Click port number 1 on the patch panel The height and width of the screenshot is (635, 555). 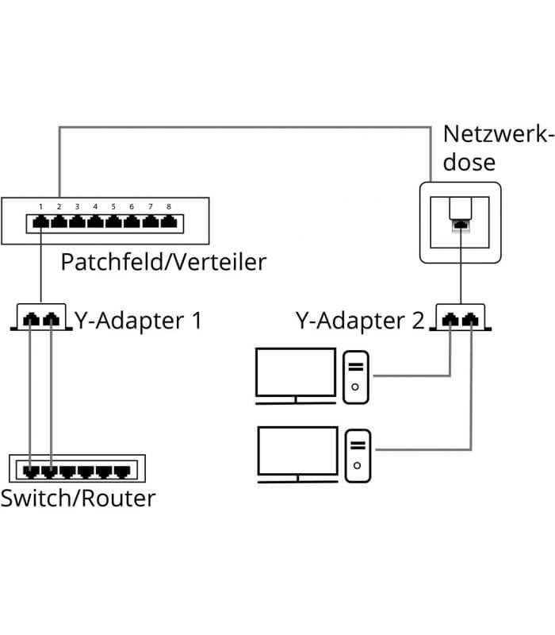[41, 222]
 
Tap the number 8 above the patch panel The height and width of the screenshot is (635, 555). [169, 207]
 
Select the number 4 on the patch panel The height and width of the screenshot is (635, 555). [95, 207]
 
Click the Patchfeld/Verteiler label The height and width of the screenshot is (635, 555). [163, 262]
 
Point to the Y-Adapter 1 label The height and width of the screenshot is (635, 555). [138, 321]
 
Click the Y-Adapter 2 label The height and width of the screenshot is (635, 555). [360, 321]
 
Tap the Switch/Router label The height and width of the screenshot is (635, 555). [78, 498]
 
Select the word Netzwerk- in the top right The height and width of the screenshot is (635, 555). [498, 134]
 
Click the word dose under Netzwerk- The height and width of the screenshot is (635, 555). [469, 163]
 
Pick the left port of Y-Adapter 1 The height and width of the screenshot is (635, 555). [31, 319]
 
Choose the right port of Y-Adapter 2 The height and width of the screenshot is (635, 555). [470, 320]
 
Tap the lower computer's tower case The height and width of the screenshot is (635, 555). [358, 456]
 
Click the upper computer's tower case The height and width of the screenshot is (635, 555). [355, 378]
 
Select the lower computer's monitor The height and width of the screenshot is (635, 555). [298, 454]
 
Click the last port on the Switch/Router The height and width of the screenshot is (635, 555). [122, 471]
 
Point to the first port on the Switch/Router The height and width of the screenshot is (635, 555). [31, 471]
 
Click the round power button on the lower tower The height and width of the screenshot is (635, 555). [358, 465]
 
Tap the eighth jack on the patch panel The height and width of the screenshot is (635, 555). [169, 222]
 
